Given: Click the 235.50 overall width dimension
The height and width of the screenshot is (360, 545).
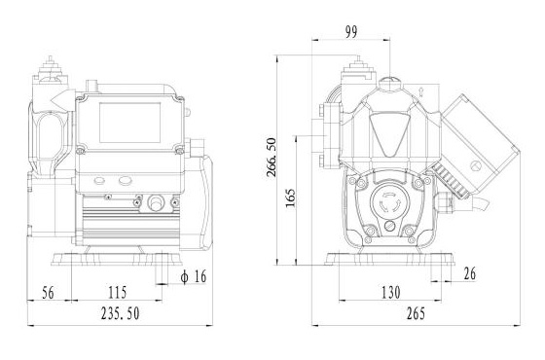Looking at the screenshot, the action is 121,313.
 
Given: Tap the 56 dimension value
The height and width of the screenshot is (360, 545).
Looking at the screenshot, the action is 48,293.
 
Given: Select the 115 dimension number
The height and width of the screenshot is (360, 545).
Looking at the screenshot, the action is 117,293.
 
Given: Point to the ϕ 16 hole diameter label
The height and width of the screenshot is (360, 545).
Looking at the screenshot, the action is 194,276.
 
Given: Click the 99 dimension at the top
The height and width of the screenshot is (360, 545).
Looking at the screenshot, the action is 351,32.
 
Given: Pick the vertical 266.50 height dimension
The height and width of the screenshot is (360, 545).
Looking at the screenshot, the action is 272,157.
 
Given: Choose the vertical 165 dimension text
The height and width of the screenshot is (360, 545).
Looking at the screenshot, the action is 290,198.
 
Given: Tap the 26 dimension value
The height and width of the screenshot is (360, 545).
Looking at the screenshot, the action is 470,273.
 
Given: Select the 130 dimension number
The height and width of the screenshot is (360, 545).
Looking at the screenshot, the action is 391,293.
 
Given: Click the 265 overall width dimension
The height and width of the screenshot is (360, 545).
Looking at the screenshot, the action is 416,313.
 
